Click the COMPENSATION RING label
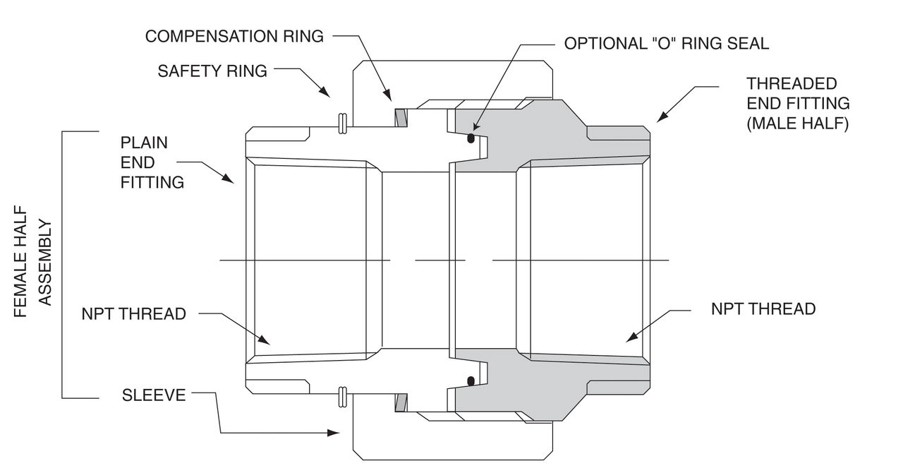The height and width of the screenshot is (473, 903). (234, 37)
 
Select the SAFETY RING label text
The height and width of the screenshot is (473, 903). (212, 71)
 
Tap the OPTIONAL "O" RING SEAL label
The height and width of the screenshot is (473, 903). (666, 44)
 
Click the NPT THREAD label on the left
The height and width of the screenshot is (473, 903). (134, 313)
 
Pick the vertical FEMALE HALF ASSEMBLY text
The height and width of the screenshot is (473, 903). (32, 261)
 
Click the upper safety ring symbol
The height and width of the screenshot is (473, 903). (342, 124)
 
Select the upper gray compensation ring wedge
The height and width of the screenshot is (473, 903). (401, 117)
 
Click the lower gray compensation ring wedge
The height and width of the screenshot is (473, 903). (401, 403)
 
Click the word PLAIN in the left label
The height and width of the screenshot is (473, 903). (145, 143)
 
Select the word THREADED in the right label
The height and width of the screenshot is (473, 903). (792, 83)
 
